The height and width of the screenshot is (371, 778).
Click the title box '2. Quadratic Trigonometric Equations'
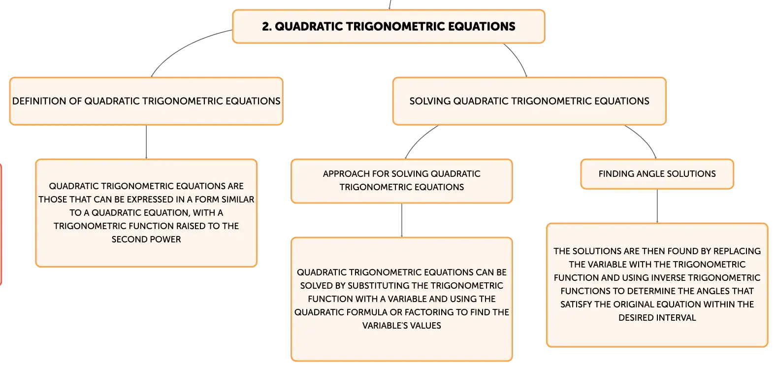[389, 27]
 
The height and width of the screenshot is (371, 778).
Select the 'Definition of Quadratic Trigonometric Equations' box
[146, 101]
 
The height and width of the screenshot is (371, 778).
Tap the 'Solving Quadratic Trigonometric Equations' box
[529, 101]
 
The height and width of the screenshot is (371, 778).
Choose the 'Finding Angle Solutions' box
[657, 174]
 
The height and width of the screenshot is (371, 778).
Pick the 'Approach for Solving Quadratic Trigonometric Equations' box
[402, 181]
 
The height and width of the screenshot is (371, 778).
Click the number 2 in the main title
[266, 27]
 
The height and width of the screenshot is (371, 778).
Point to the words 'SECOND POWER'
[146, 239]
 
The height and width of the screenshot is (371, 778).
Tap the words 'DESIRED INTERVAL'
[657, 318]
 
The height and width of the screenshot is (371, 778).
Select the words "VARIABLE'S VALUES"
[402, 326]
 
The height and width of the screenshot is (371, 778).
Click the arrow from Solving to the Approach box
[419, 139]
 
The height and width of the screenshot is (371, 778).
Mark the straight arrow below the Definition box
[146, 142]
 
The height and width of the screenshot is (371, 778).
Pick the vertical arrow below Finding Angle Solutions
[657, 206]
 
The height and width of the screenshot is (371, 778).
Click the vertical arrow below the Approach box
[402, 221]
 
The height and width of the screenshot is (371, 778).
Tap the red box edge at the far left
[1, 224]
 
